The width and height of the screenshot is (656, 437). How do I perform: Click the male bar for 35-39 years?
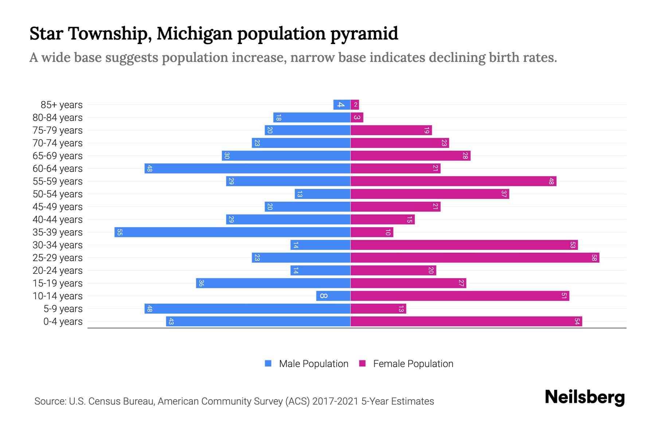(x=232, y=232)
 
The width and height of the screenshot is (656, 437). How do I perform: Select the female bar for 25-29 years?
(x=475, y=258)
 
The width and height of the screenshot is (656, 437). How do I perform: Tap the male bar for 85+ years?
(x=341, y=105)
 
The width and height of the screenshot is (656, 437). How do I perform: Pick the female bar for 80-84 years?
(x=357, y=118)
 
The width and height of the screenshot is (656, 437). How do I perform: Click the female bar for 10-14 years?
(x=460, y=296)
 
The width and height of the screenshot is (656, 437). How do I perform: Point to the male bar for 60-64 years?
(x=247, y=169)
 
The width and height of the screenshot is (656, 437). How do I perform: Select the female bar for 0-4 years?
(x=466, y=322)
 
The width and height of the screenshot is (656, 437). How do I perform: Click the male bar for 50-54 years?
(x=322, y=194)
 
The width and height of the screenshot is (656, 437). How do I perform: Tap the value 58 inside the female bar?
(x=594, y=258)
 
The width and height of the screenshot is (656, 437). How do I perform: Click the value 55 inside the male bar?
(x=120, y=232)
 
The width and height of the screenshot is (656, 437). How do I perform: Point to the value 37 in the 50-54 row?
(x=504, y=194)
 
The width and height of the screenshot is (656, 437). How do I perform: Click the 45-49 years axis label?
(x=58, y=207)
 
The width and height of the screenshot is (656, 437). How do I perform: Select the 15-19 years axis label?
(x=58, y=283)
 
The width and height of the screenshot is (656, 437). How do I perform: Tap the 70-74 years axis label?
(x=58, y=143)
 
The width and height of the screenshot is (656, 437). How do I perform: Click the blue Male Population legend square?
(x=268, y=363)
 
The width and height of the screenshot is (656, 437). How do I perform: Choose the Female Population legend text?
(x=413, y=364)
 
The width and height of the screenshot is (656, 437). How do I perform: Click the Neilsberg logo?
(x=585, y=397)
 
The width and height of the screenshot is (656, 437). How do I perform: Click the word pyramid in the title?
(x=364, y=34)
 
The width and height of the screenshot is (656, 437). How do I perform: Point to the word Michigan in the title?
(x=195, y=34)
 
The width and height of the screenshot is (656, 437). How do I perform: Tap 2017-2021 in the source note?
(x=335, y=401)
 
